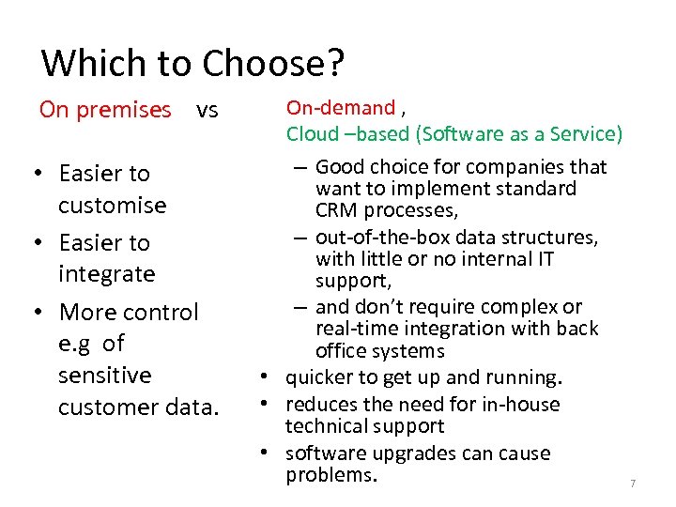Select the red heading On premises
click(x=105, y=110)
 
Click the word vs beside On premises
click(x=207, y=110)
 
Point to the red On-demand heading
click(x=340, y=108)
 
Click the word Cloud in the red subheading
click(x=312, y=134)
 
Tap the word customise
click(x=112, y=206)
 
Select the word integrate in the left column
click(x=106, y=274)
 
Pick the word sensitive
click(x=104, y=375)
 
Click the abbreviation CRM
click(x=336, y=209)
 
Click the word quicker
click(x=319, y=377)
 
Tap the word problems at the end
click(x=329, y=475)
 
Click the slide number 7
click(x=633, y=484)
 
